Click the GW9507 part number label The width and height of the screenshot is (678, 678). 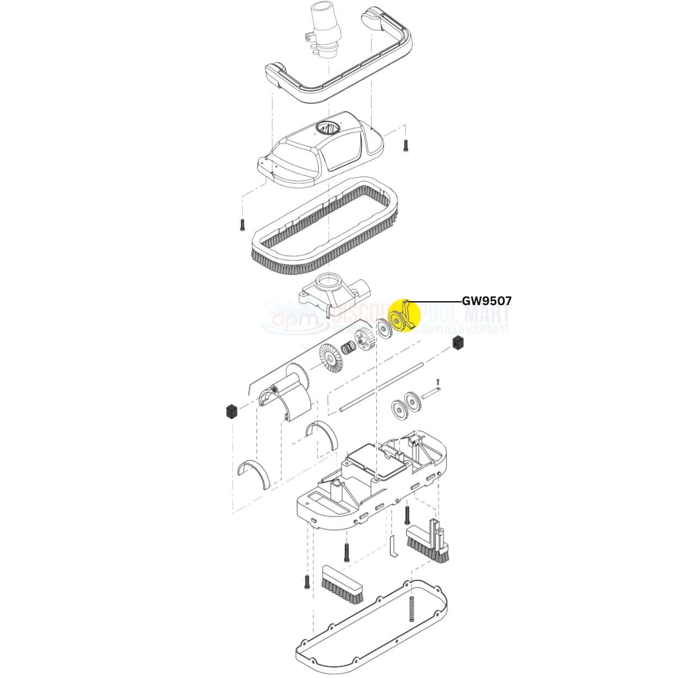pyautogui.click(x=487, y=301)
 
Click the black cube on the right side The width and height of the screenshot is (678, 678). pyautogui.click(x=457, y=343)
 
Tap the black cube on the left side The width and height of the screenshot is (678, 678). pyautogui.click(x=231, y=411)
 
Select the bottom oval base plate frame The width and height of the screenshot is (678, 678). pyautogui.click(x=371, y=628)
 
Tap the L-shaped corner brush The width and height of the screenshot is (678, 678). pyautogui.click(x=430, y=541)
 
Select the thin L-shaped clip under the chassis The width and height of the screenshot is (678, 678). pyautogui.click(x=392, y=546)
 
